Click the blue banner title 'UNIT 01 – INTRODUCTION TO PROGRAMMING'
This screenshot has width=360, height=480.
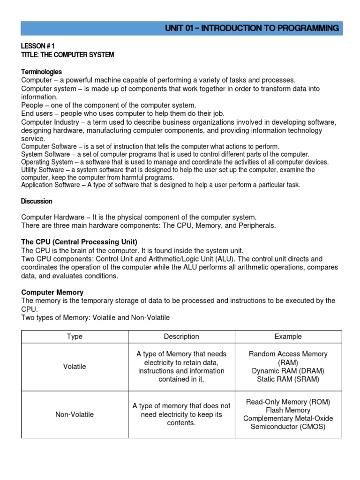(x=252, y=28)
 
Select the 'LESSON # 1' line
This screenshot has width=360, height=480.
(x=38, y=46)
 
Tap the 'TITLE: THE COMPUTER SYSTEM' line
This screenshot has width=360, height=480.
(x=67, y=55)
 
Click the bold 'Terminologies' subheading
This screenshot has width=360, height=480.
(x=41, y=72)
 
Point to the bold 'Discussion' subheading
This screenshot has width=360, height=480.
(x=37, y=201)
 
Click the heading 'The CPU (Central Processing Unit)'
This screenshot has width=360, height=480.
(x=79, y=242)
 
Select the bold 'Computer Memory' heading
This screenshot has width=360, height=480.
(x=52, y=292)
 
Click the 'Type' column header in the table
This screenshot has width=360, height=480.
(x=75, y=337)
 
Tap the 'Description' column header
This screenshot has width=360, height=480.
(x=181, y=337)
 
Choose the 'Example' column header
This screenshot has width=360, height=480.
(x=288, y=337)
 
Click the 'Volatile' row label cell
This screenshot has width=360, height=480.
(x=75, y=367)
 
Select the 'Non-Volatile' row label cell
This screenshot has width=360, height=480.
(x=75, y=414)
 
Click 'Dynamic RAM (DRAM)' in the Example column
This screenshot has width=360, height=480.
(x=288, y=371)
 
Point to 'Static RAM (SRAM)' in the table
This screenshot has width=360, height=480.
(x=288, y=379)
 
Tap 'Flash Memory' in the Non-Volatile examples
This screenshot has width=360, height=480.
(x=288, y=410)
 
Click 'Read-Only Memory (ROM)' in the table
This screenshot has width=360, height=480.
(x=288, y=402)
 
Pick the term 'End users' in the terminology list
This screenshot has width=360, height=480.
(x=37, y=113)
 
